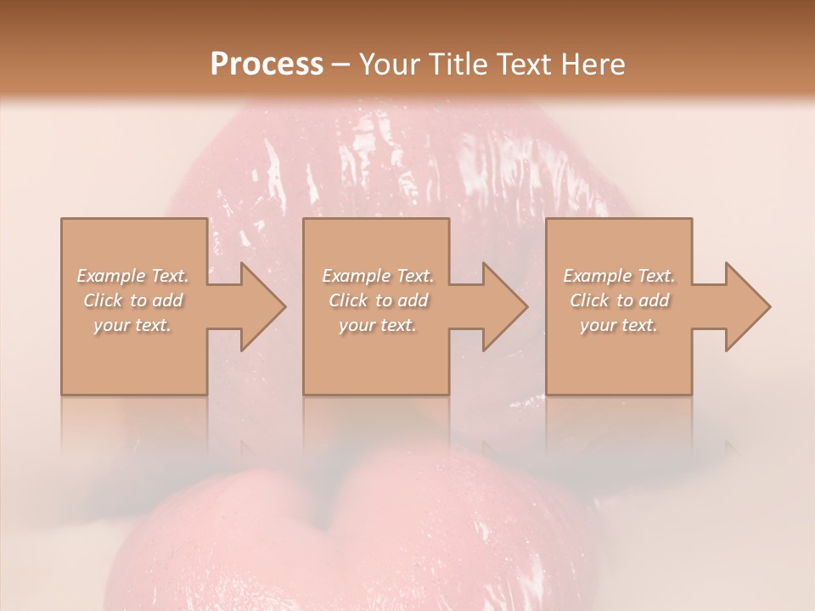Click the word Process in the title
coord(267,64)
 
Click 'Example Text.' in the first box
coord(132,276)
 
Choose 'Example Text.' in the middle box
coord(378,276)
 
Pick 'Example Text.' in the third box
coord(619,276)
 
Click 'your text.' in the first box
coord(132,325)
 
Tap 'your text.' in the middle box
coord(378,325)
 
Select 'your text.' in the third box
coord(619,325)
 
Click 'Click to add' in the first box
coord(132,300)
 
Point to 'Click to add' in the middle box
coord(378,300)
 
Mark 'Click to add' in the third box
coord(619,300)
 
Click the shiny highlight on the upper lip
coord(280,161)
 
